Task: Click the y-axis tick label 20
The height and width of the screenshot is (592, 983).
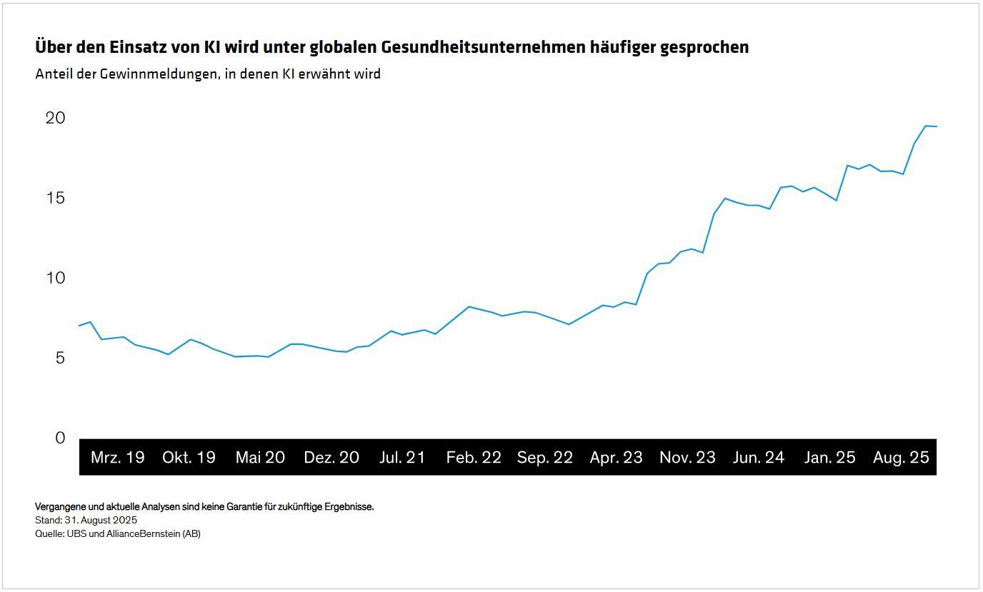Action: click(x=55, y=118)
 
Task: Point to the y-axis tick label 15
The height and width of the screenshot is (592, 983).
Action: click(x=55, y=198)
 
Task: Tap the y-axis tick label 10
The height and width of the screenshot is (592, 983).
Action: click(x=55, y=278)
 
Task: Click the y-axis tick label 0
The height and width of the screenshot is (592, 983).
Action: click(x=60, y=438)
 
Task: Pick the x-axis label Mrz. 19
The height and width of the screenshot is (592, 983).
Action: click(x=117, y=458)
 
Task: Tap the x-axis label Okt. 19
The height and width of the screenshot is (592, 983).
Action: click(x=189, y=458)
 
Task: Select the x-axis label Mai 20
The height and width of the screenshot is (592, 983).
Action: click(x=260, y=458)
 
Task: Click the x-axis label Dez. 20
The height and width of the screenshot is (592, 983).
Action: click(x=331, y=458)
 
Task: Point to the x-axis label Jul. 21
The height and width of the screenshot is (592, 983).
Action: click(x=401, y=458)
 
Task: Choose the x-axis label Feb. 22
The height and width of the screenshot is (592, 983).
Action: click(x=474, y=458)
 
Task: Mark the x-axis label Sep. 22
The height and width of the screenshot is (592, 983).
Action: click(x=545, y=458)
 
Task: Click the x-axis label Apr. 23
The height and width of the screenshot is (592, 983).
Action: click(x=616, y=458)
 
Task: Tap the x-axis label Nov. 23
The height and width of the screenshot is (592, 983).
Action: click(x=687, y=458)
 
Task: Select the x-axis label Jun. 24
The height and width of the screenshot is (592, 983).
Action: click(x=758, y=458)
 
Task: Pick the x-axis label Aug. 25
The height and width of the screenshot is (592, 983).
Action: click(x=901, y=458)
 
